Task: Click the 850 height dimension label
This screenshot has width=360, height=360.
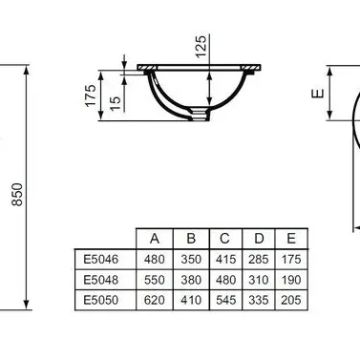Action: (17, 195)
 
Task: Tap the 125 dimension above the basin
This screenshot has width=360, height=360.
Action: (201, 47)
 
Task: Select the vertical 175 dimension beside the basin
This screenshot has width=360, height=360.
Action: (91, 95)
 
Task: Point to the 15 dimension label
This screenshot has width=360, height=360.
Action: (116, 103)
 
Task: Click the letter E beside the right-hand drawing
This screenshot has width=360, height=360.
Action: (318, 94)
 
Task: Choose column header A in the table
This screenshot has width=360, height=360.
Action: (155, 239)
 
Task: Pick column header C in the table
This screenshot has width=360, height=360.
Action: (224, 239)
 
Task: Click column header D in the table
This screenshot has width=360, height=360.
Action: (259, 239)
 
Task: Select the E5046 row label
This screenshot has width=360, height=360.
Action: (101, 259)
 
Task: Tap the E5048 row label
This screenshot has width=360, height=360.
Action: (101, 280)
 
